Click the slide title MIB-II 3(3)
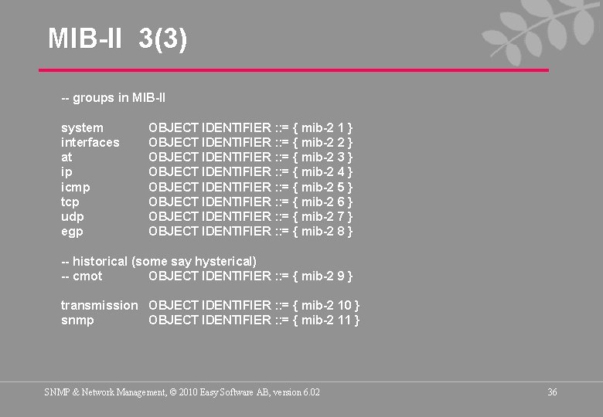pos(118,38)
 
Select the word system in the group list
pos(82,127)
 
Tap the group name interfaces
pos(90,142)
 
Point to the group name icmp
pos(76,187)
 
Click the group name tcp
pos(71,202)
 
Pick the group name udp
pos(73,216)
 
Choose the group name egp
pos(72,231)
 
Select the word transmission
pos(99,305)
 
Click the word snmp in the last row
pos(77,320)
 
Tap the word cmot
pos(87,276)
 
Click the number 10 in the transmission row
pos(344,305)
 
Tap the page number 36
pos(552,392)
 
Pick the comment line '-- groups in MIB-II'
pos(113,98)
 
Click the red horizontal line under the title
pos(294,70)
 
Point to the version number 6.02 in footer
pos(311,392)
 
